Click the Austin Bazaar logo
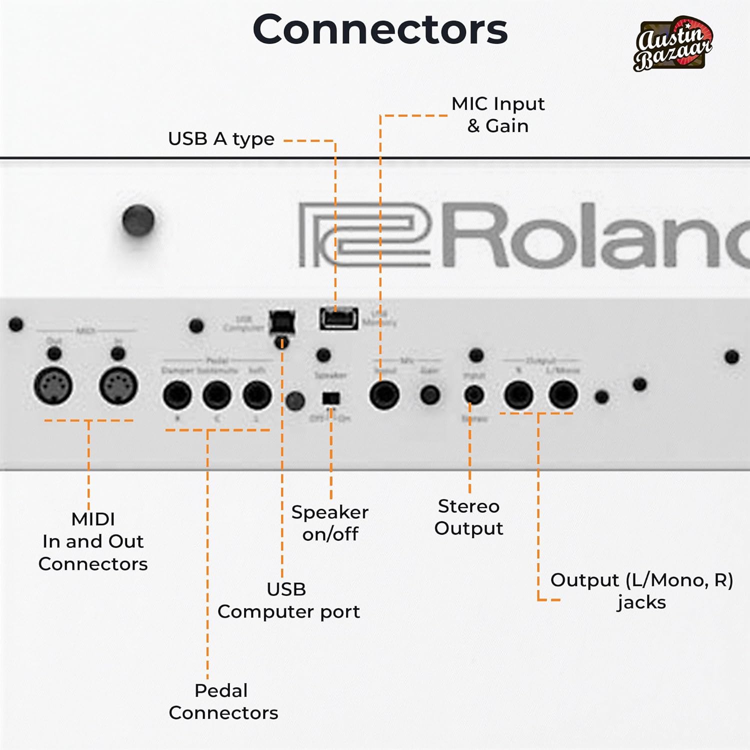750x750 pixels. [x=673, y=44]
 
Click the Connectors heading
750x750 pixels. [x=380, y=29]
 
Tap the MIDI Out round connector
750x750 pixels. [x=53, y=386]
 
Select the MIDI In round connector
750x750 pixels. [x=118, y=386]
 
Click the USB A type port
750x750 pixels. [x=339, y=318]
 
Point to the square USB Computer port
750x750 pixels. [x=282, y=322]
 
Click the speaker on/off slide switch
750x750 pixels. [x=331, y=398]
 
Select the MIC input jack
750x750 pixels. [x=384, y=395]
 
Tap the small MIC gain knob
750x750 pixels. [x=430, y=395]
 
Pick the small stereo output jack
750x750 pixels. [x=473, y=395]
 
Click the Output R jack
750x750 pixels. [x=518, y=395]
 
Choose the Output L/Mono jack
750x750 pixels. [x=563, y=395]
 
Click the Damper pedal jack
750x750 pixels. [x=177, y=395]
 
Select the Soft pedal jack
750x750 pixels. [x=257, y=395]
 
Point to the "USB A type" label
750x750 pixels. [x=221, y=139]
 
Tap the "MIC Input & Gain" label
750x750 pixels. [x=498, y=114]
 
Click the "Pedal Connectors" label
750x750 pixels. [x=223, y=701]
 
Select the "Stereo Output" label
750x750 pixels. [x=468, y=517]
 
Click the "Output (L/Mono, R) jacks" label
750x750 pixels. [x=641, y=590]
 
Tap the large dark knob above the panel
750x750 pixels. [x=138, y=220]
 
